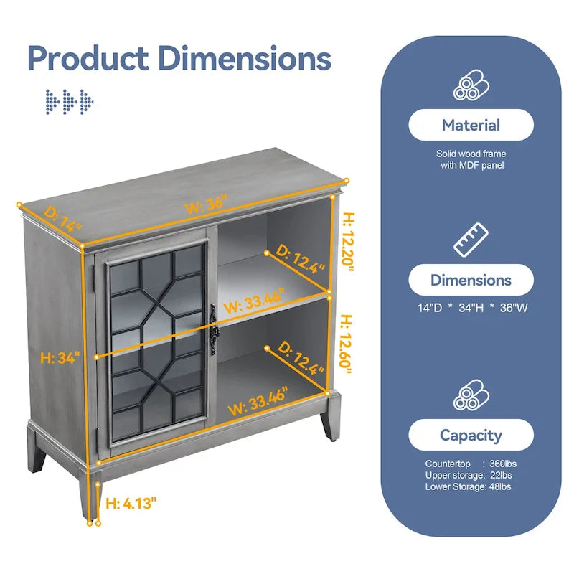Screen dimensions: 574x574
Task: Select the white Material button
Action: point(471,126)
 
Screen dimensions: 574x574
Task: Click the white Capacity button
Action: point(471,435)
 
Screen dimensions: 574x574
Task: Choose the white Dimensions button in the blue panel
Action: point(471,280)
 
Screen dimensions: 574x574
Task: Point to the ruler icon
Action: point(471,239)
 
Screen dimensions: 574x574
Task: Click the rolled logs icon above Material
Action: point(471,84)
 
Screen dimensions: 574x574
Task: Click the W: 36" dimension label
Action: point(205,204)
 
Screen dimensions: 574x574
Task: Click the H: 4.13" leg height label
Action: point(131,504)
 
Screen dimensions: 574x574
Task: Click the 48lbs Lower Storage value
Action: point(499,487)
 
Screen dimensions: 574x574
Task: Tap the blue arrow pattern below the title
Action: point(70,101)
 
